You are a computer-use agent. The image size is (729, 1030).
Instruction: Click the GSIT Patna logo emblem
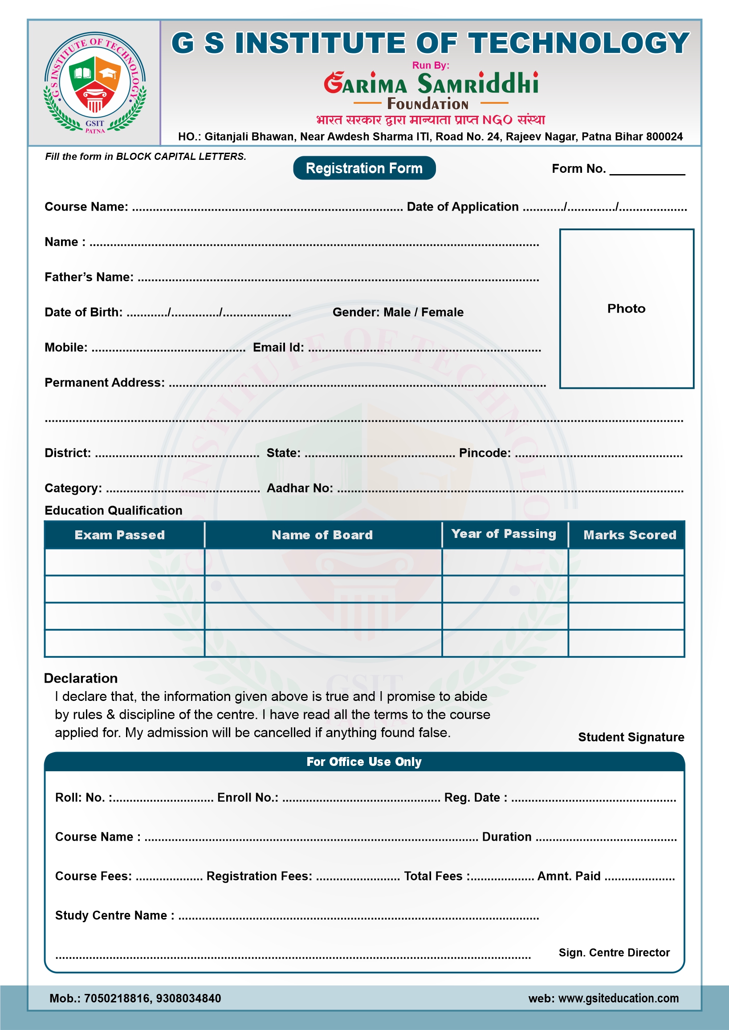tap(95, 83)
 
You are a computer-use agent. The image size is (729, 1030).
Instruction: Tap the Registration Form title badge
tap(364, 168)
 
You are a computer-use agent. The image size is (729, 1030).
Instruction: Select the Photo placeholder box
tap(626, 308)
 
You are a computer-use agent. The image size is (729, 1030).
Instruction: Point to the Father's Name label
tap(89, 277)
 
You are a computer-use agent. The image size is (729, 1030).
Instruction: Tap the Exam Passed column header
tap(120, 535)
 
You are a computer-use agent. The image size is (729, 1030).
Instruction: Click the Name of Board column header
tap(322, 535)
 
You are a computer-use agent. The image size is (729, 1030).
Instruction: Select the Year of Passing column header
tap(504, 533)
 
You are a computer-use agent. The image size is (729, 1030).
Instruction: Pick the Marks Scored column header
tap(629, 535)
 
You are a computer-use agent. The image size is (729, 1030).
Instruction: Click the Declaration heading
tap(81, 678)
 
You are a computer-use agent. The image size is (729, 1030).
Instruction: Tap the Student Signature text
tap(631, 737)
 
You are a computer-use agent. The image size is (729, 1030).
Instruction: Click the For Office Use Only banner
tap(364, 761)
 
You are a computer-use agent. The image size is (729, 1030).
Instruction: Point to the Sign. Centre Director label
tap(614, 953)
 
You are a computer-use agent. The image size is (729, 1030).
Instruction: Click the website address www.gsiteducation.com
tap(618, 998)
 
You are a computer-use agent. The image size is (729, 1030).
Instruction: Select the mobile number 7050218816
tap(117, 998)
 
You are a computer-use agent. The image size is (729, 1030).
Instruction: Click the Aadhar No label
tap(300, 489)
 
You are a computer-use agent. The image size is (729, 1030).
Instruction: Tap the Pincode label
tap(485, 453)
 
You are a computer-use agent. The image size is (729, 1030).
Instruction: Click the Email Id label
tap(278, 348)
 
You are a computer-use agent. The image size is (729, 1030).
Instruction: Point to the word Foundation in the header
tap(428, 104)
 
